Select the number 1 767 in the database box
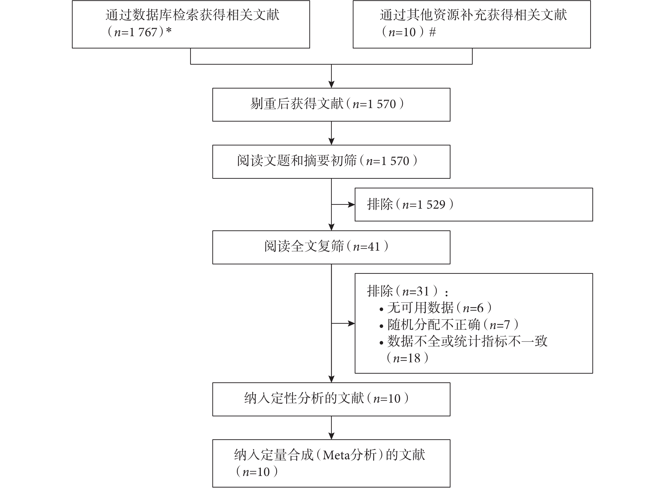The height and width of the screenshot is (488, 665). [143, 32]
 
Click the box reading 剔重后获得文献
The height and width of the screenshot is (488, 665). [331, 105]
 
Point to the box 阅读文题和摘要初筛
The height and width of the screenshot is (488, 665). [331, 162]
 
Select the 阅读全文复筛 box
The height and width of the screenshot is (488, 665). [331, 247]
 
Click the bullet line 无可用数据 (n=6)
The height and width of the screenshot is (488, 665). [436, 308]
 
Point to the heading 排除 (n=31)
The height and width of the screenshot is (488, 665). [407, 291]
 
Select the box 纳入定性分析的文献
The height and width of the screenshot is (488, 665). [331, 399]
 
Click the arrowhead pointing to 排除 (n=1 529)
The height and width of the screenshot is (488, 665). [352, 204]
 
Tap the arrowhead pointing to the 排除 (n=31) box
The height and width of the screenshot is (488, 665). [352, 323]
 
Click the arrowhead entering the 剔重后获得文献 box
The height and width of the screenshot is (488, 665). [332, 84]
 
